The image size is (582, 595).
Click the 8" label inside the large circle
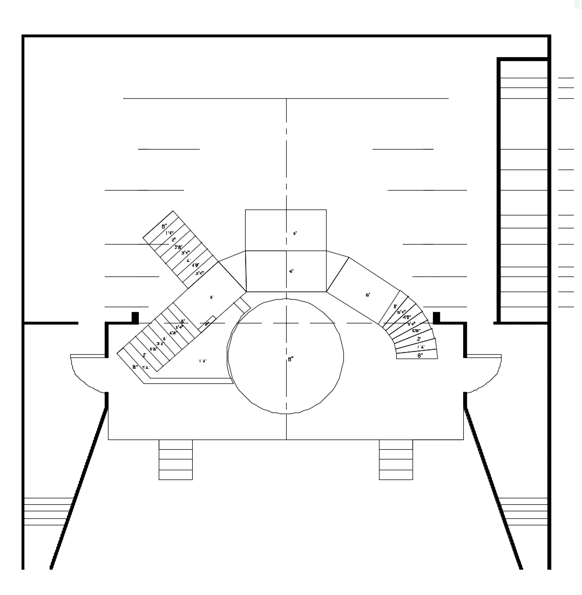pos(290,359)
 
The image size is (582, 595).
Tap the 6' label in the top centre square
pos(295,234)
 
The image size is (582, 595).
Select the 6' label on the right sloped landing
pos(368,295)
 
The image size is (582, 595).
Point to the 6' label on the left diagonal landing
pos(212,297)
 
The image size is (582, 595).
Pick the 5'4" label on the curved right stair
pos(401,312)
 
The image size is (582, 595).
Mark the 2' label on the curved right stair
pos(418,339)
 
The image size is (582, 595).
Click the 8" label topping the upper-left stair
pos(164,226)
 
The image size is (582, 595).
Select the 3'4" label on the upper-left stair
pos(185,252)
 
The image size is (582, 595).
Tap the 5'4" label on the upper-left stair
pos(199,273)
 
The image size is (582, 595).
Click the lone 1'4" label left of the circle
pos(203,361)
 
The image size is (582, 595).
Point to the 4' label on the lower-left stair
pos(165,339)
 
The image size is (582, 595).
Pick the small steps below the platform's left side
pos(175,459)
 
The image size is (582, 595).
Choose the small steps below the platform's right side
pos(396,459)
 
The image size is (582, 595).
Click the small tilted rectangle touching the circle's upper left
pos(241,305)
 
